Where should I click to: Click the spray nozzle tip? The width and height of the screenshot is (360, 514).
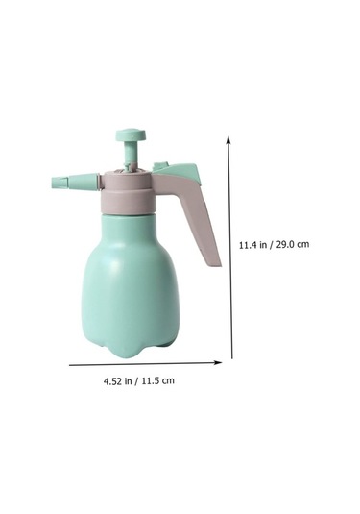(60, 182)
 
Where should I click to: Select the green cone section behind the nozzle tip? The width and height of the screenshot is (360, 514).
(84, 182)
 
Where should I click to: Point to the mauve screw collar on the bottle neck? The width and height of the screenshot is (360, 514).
(127, 193)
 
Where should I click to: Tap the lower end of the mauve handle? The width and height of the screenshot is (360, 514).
(213, 261)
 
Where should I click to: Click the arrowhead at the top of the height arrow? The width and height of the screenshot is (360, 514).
(228, 139)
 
